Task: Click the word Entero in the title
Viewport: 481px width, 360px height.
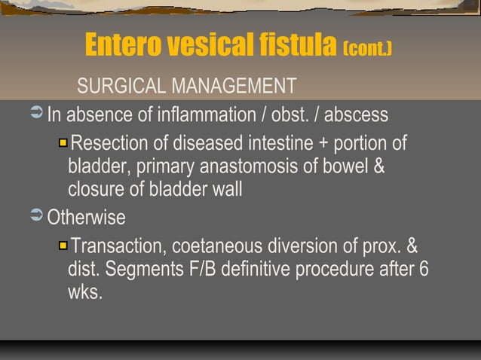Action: coord(121,46)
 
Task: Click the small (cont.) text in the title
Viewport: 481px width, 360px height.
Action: coord(368,49)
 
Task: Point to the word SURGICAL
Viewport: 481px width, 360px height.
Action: coord(121,87)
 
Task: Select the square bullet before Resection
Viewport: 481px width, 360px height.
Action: coord(63,142)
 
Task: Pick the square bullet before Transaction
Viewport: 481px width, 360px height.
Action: coord(63,246)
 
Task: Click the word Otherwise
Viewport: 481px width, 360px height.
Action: coord(87,218)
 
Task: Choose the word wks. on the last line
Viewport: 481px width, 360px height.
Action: coord(84,292)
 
